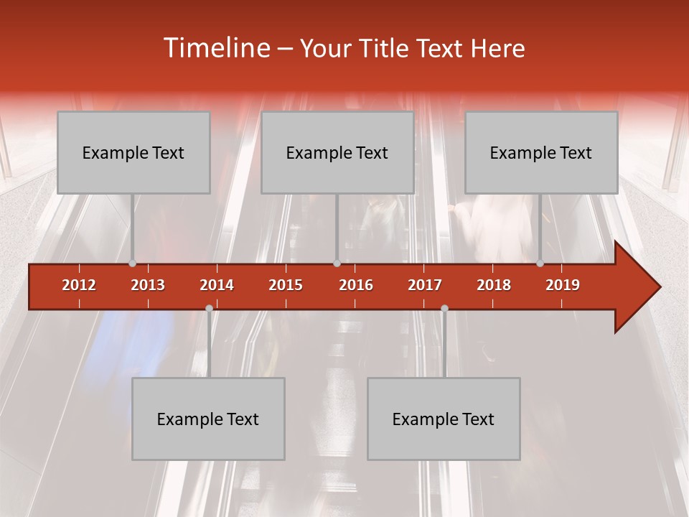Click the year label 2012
tap(79, 285)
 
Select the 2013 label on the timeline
tap(148, 285)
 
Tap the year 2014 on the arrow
tap(217, 285)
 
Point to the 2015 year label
tap(286, 285)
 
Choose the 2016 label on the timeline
tap(356, 285)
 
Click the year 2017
tap(425, 285)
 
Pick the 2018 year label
tap(494, 285)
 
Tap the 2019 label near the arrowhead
tap(563, 285)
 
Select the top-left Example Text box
tap(133, 152)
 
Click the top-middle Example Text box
tap(337, 152)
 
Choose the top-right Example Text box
tap(541, 152)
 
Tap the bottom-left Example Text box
tap(208, 419)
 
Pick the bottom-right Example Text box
tap(444, 419)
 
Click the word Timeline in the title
tap(215, 48)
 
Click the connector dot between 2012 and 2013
tap(132, 264)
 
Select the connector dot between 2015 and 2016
tap(337, 264)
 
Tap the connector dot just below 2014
tap(209, 308)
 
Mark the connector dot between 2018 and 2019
tap(540, 264)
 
